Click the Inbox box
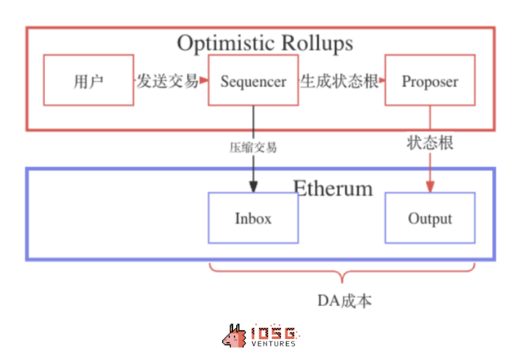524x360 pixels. tap(253, 219)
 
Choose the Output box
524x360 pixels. tap(430, 219)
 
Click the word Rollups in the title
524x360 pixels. tap(312, 43)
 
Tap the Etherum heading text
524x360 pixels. tap(332, 187)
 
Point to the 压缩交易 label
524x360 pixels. tap(253, 147)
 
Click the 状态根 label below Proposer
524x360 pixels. tap(430, 141)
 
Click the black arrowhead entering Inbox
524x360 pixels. tap(253, 187)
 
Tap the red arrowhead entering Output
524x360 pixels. tap(430, 187)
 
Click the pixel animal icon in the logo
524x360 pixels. tap(234, 336)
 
